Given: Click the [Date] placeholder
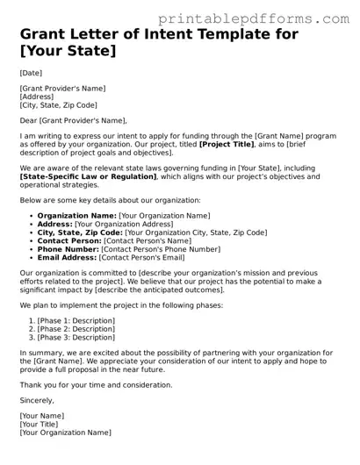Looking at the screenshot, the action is coord(31,72).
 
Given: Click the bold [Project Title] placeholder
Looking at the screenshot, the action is coord(227,144).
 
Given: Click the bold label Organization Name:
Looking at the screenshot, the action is coord(77,215).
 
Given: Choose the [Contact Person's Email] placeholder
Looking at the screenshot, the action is coord(142,258).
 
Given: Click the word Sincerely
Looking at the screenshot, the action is coord(37,400).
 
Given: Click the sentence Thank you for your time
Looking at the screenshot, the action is coord(95,384).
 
